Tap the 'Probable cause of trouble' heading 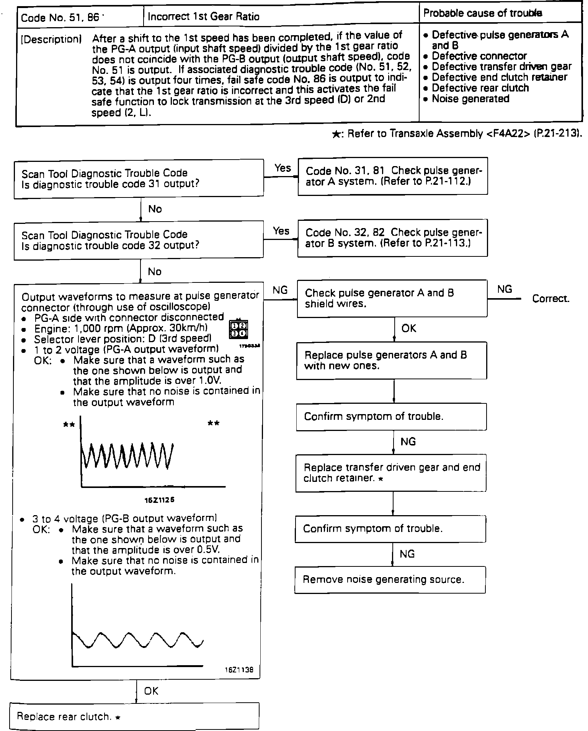point(482,13)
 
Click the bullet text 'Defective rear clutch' point(480,88)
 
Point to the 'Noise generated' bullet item point(470,99)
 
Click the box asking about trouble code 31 point(139,179)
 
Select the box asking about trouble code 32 point(139,240)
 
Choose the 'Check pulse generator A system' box point(393,176)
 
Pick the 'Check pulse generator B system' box point(393,238)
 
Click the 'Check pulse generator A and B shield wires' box point(392,299)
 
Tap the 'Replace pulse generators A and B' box point(391,361)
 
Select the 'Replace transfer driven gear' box point(391,473)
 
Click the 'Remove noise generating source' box point(390,580)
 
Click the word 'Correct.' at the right point(550,299)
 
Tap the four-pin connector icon point(238,329)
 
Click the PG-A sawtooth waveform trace point(127,455)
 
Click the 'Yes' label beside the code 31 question point(283,168)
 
